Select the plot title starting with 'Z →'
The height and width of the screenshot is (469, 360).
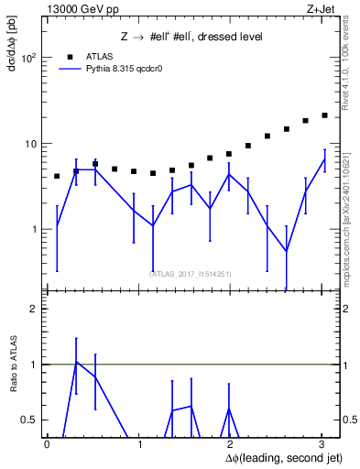(192, 37)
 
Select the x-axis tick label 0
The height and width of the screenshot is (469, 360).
(47, 444)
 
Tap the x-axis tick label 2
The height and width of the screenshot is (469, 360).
(231, 444)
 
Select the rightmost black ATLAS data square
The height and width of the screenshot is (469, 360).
(324, 115)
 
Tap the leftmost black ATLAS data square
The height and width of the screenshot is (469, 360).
(57, 176)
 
